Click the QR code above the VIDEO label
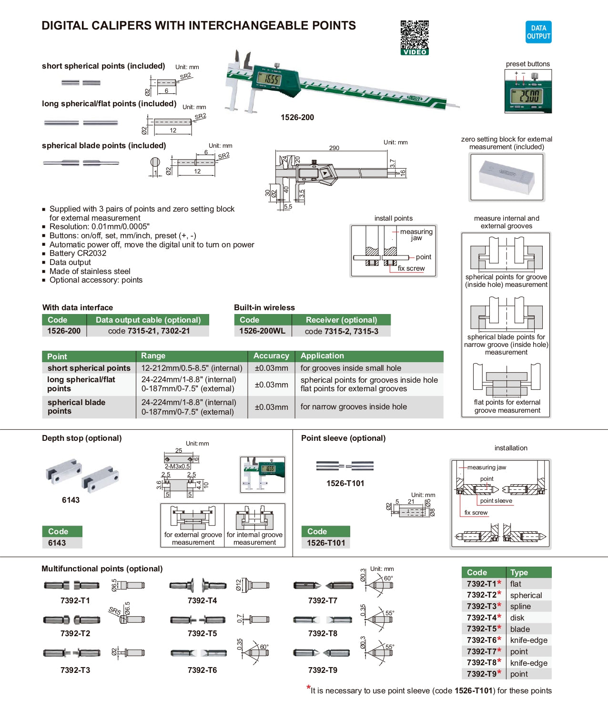414,34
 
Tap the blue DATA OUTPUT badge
538,32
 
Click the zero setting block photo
507,177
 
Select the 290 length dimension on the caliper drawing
334,148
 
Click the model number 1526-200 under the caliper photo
297,117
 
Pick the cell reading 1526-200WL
262,331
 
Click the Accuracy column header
271,356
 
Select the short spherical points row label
89,368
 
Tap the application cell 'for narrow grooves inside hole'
354,406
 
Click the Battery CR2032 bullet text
78,253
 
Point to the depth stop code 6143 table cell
57,543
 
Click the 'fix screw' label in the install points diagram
411,268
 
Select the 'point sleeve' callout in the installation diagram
496,501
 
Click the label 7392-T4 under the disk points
202,600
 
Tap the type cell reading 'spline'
520,606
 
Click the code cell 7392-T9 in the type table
482,674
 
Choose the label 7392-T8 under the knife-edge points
323,633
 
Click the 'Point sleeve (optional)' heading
343,438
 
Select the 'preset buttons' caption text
527,64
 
